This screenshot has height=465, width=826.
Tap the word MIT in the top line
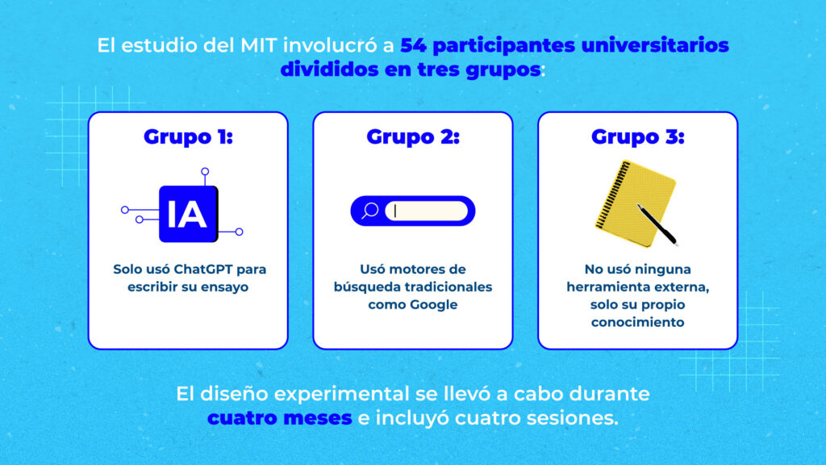pyautogui.click(x=259, y=45)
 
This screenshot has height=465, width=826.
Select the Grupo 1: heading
pyautogui.click(x=188, y=136)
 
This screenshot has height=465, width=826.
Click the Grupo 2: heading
pyautogui.click(x=413, y=136)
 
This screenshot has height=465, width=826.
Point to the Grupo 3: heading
pyautogui.click(x=637, y=136)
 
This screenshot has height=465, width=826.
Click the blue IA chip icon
pyautogui.click(x=188, y=214)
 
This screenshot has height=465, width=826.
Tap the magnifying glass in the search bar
pyautogui.click(x=369, y=211)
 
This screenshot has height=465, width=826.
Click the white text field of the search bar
pyautogui.click(x=426, y=211)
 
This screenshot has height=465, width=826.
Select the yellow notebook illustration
pyautogui.click(x=635, y=203)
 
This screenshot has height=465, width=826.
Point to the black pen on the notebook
pyautogui.click(x=657, y=224)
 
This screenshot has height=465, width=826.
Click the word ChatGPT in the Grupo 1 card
pyautogui.click(x=202, y=270)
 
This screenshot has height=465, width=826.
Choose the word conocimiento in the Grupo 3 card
pyautogui.click(x=637, y=322)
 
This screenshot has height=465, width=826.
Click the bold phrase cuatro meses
pyautogui.click(x=279, y=418)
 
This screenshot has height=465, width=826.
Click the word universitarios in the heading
pyautogui.click(x=655, y=45)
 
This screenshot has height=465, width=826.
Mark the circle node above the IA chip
pyautogui.click(x=205, y=171)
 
